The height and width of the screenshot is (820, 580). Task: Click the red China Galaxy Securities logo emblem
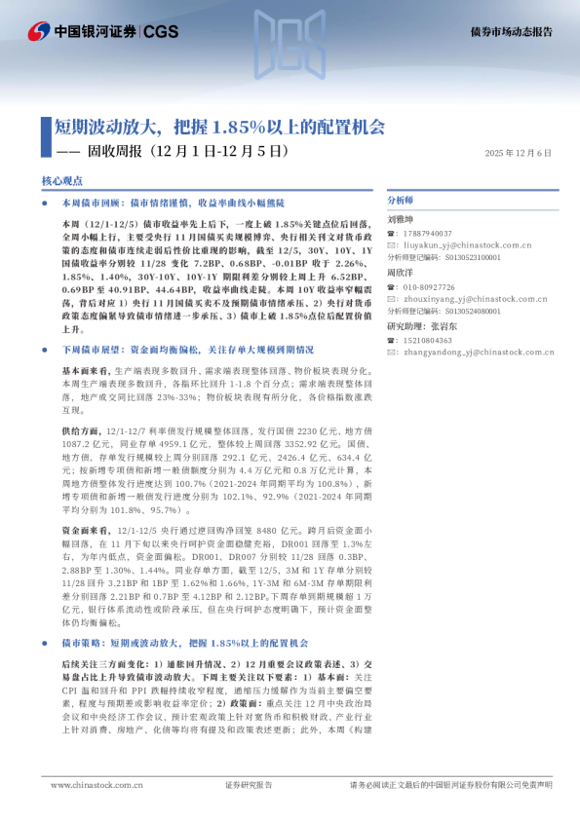click(39, 31)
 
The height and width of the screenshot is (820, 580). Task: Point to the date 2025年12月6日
click(519, 153)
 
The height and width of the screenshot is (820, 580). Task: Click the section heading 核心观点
click(61, 181)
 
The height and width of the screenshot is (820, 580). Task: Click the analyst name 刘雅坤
click(401, 220)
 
